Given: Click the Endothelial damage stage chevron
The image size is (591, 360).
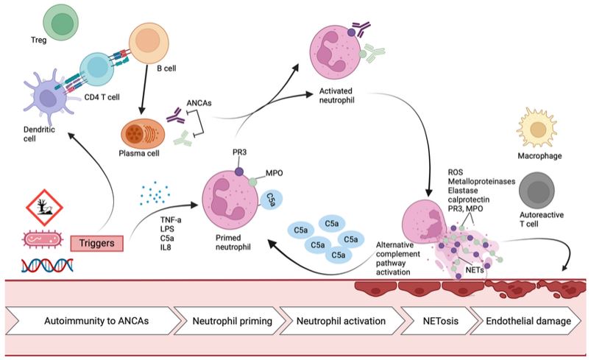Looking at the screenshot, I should coord(527,321).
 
